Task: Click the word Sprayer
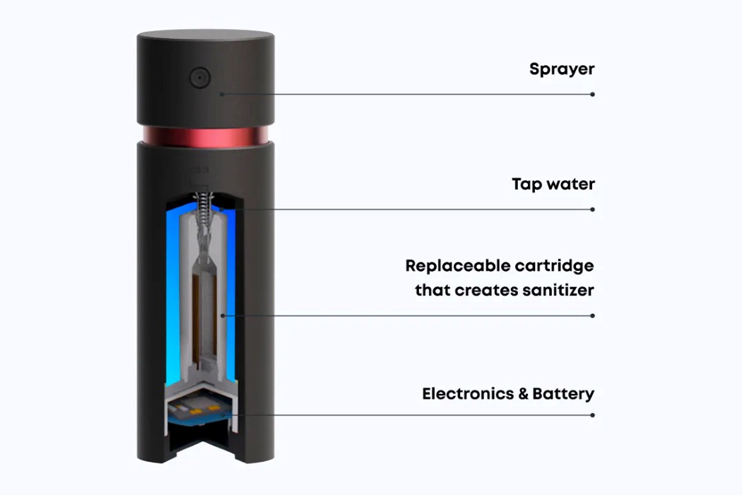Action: (x=562, y=69)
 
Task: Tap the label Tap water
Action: (x=553, y=185)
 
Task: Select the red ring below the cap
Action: (x=205, y=136)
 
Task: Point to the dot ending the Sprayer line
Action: (x=592, y=94)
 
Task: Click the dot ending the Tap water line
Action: (x=592, y=209)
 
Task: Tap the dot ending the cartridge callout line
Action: (x=592, y=315)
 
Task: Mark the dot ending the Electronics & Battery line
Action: (x=592, y=415)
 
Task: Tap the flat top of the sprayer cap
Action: (x=205, y=36)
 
